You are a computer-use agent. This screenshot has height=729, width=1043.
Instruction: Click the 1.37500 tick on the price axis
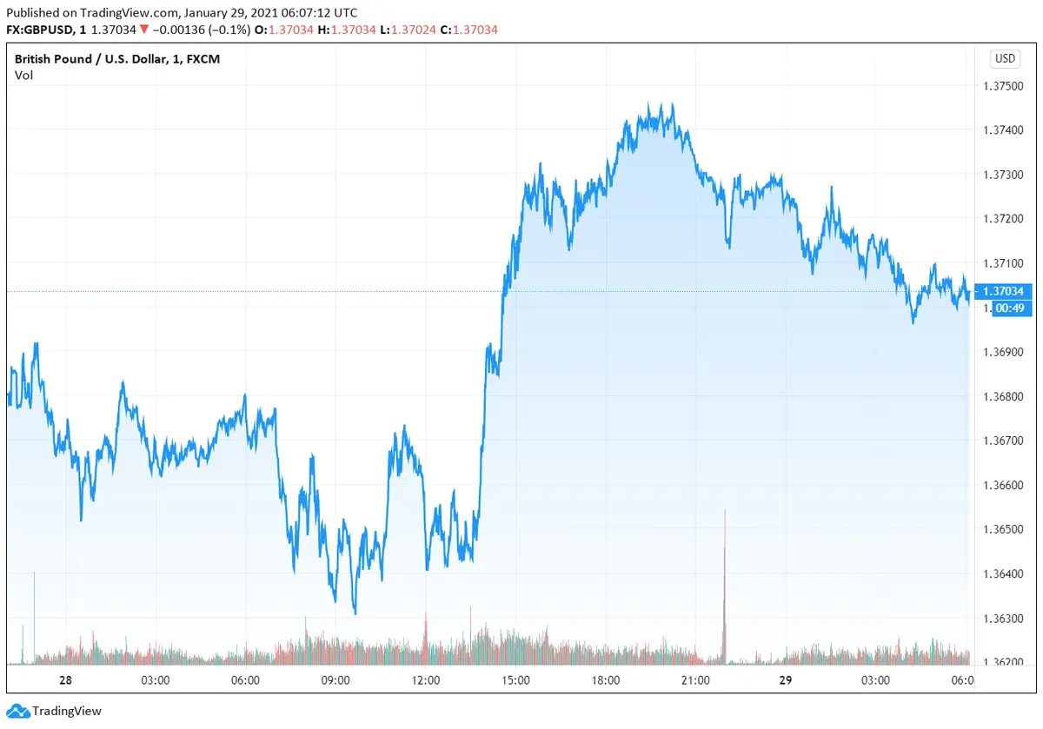coord(1005,86)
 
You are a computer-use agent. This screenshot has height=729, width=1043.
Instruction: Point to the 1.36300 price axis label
coord(1005,619)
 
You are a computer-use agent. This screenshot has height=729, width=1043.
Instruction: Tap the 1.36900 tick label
coord(1005,352)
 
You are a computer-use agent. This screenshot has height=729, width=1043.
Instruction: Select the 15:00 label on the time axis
coord(515,679)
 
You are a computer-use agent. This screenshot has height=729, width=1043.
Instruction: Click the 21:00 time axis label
coord(695,679)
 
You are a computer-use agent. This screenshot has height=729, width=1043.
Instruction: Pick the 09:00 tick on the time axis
coord(335,679)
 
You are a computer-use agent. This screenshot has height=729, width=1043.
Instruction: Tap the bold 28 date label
coord(64,679)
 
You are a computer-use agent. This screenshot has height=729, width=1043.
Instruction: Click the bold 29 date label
coord(786,679)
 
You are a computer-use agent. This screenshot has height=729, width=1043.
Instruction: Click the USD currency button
coord(1005,59)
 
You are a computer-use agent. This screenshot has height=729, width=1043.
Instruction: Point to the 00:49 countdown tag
coord(1007,308)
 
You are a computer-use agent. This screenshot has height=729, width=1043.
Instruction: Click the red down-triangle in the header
coord(143,29)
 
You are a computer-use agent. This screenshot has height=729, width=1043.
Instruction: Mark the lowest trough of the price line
coord(355,613)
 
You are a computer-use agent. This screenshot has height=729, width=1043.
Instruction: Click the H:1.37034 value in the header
coord(348,29)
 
